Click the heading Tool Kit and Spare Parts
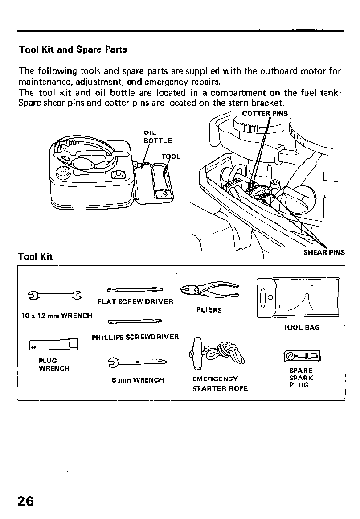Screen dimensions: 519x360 click(x=73, y=49)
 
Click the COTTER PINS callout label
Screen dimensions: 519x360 click(x=265, y=114)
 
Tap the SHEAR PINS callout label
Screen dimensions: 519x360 click(x=324, y=252)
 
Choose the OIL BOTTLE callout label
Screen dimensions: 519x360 click(x=157, y=136)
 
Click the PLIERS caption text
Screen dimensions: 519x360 click(x=209, y=310)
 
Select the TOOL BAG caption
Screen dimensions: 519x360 click(x=301, y=327)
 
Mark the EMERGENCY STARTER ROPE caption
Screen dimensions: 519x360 click(x=219, y=383)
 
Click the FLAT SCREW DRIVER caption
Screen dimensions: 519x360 click(x=135, y=301)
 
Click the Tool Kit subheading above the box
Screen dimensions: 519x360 click(x=35, y=256)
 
